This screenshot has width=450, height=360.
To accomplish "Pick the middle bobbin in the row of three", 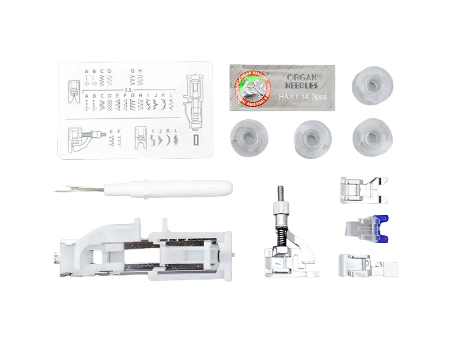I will coord(310,137).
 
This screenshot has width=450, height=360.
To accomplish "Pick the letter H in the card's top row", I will coord(139,71).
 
